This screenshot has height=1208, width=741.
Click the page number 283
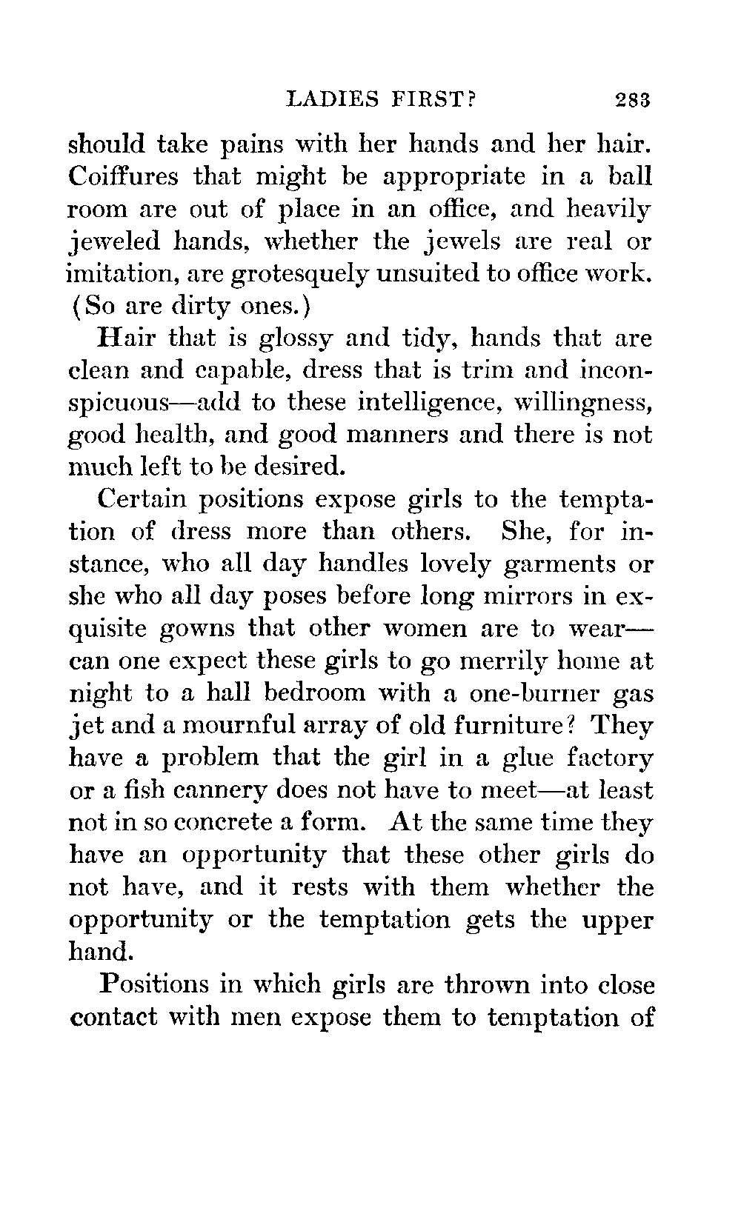click(631, 99)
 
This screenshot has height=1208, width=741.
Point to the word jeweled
click(116, 242)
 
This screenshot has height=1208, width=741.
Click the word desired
click(299, 467)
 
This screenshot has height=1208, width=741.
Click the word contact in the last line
click(113, 1016)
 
